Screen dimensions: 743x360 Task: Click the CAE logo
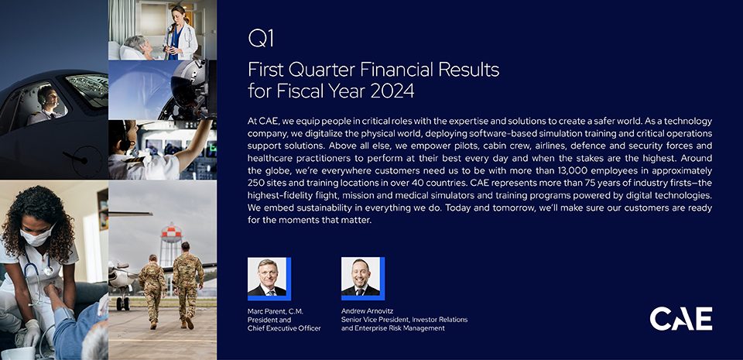pyautogui.click(x=680, y=319)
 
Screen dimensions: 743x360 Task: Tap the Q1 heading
pyautogui.click(x=261, y=39)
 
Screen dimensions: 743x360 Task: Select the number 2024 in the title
pyautogui.click(x=392, y=90)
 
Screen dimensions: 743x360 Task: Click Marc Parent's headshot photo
pyautogui.click(x=267, y=277)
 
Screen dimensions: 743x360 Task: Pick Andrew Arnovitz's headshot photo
pyautogui.click(x=361, y=277)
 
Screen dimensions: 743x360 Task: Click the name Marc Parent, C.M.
pyautogui.click(x=276, y=311)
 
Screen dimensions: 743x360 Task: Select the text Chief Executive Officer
pyautogui.click(x=284, y=328)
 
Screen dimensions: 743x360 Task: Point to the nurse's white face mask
pyautogui.click(x=37, y=235)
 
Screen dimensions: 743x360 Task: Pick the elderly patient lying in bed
pyautogui.click(x=138, y=48)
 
